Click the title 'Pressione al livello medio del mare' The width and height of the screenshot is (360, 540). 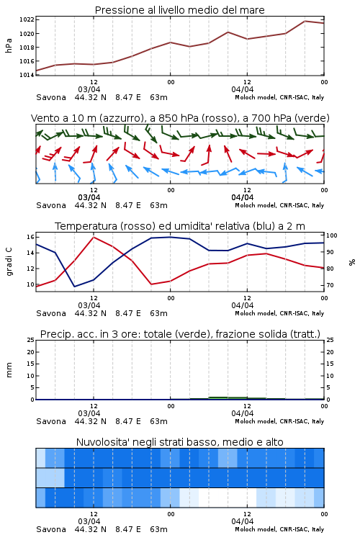(x=179, y=10)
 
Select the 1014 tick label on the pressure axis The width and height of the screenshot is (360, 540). (x=27, y=75)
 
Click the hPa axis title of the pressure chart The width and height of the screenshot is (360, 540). (x=9, y=45)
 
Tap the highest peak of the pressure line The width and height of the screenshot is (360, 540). (x=305, y=21)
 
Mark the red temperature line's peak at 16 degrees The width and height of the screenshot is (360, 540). (x=94, y=237)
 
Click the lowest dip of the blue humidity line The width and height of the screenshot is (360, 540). (x=74, y=287)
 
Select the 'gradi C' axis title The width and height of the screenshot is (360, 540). (x=9, y=262)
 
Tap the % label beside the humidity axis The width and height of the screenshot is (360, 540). (x=352, y=262)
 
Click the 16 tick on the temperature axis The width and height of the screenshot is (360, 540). (x=30, y=237)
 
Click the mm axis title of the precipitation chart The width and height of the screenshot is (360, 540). (x=9, y=370)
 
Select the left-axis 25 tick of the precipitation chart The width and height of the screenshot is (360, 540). (x=30, y=340)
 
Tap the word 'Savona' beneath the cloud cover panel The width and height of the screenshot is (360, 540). (x=51, y=529)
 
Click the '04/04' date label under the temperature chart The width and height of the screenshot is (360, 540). (x=243, y=305)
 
